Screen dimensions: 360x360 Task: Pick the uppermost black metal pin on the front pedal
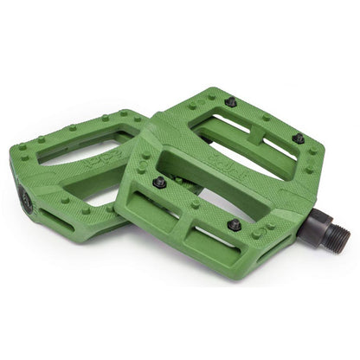231,102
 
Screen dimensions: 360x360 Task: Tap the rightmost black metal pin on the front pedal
298,138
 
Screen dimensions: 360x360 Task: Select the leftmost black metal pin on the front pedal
159,182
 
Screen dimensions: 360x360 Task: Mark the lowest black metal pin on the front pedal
234,225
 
